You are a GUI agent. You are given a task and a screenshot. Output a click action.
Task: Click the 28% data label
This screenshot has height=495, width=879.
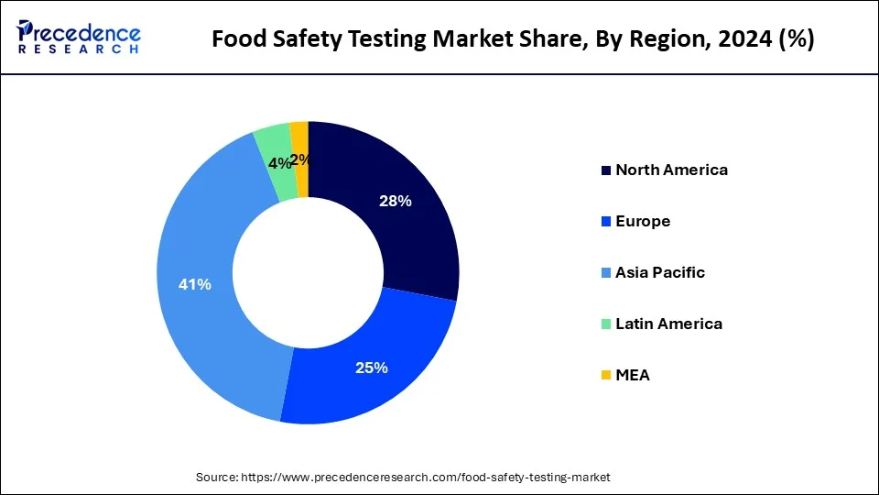[396, 202]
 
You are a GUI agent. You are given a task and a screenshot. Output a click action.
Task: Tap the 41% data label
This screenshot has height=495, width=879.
[195, 285]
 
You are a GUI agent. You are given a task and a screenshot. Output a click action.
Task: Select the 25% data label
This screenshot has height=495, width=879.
[372, 368]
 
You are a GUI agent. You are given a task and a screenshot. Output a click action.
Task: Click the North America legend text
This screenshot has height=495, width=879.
[671, 170]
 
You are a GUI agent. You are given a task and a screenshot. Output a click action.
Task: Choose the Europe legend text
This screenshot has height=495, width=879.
[643, 221]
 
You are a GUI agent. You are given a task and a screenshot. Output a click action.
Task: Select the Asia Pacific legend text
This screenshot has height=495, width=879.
[660, 272]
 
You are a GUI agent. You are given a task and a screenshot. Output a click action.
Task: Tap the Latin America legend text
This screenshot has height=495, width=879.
[668, 324]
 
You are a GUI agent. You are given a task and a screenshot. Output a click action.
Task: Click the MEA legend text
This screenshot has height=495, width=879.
[633, 375]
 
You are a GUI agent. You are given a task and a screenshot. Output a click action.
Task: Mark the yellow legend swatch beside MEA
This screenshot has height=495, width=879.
[605, 376]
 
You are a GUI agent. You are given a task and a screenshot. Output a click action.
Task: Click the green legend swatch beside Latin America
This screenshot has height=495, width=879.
[605, 324]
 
